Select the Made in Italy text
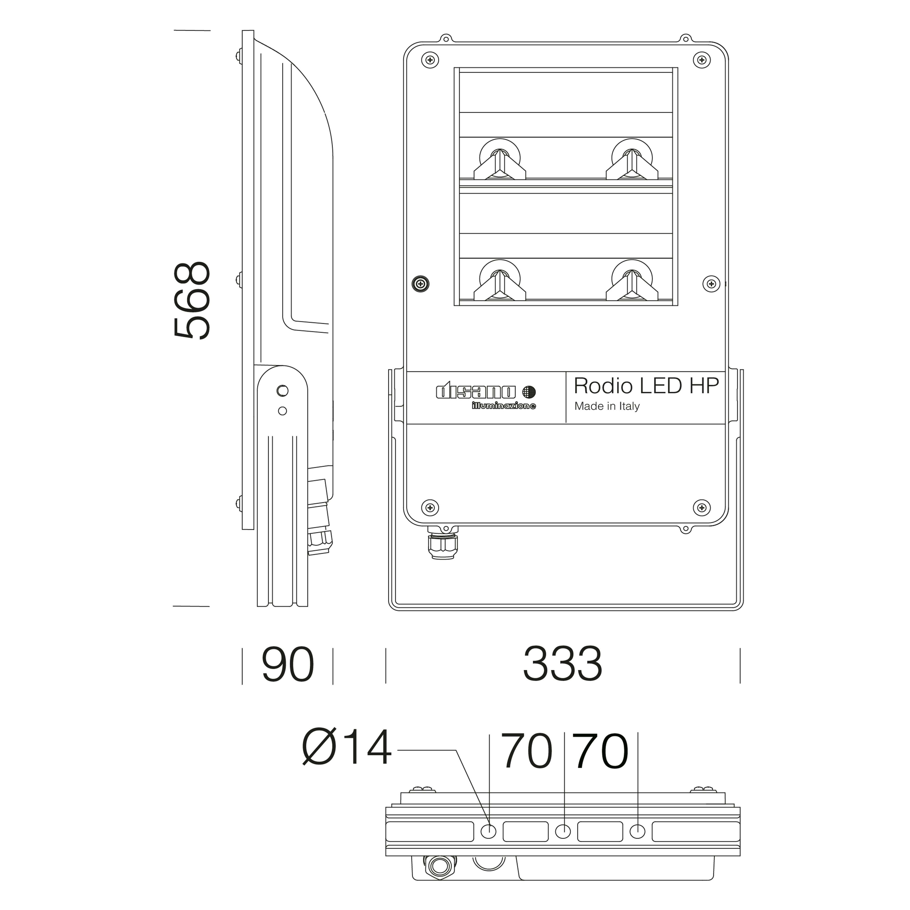(x=607, y=406)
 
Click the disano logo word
(x=476, y=392)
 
